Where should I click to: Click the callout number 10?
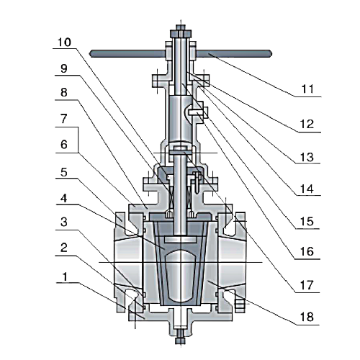point(64,42)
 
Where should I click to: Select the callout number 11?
point(307,89)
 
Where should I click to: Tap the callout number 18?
point(307,317)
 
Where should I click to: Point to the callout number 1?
point(65,277)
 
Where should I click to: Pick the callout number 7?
point(63,119)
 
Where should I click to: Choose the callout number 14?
point(307,189)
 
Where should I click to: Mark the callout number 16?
point(307,251)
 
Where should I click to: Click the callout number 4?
point(63,199)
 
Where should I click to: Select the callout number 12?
point(307,124)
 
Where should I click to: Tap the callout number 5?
point(63,172)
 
